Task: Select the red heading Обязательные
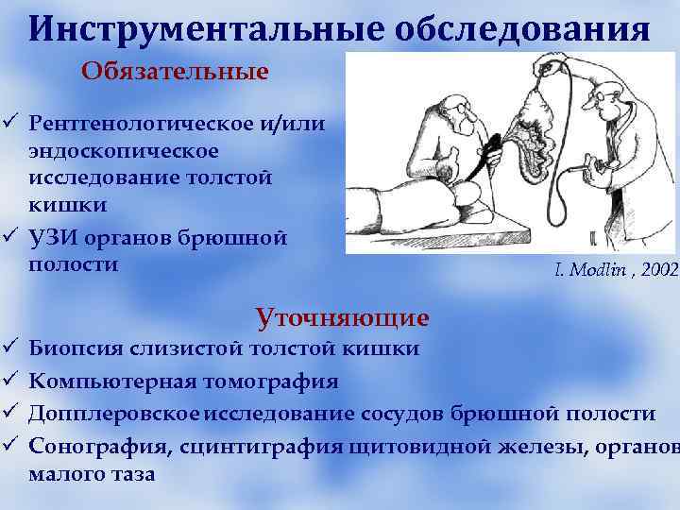tap(175, 72)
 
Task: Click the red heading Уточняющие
tap(343, 315)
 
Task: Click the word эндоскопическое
tap(124, 151)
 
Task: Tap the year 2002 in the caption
tap(659, 271)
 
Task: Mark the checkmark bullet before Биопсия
tap(10, 349)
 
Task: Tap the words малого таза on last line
tap(93, 474)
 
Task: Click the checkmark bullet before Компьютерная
tap(10, 382)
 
